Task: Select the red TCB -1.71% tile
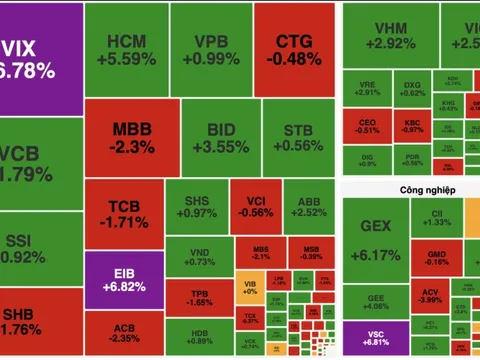click(x=123, y=212)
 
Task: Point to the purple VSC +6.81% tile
click(x=375, y=339)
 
